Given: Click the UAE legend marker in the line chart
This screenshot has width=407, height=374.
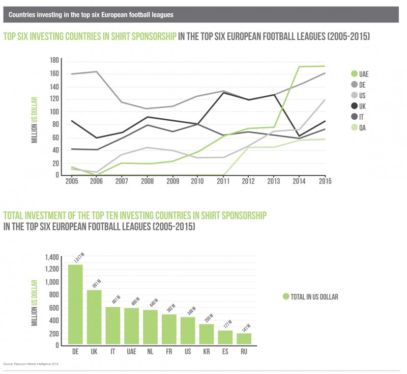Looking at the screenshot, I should pyautogui.click(x=354, y=73).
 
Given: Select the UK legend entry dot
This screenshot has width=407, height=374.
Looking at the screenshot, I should pyautogui.click(x=354, y=106).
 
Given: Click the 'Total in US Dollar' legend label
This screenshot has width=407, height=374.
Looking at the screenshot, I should pyautogui.click(x=314, y=297).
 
